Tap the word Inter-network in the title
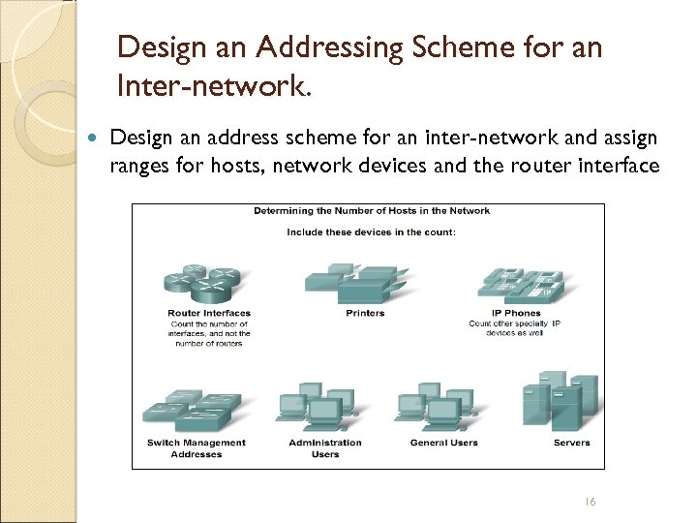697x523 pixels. pos(213,88)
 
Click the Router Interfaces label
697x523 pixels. pos(208,313)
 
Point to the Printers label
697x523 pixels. pos(365,313)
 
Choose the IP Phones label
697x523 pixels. pos(515,313)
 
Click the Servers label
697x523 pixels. pos(571,443)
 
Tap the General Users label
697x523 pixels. pos(443,443)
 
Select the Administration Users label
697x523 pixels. pos(325,447)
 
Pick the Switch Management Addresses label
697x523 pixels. pos(197,447)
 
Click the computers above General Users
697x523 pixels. pos(434,405)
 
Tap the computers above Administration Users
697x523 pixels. pos(315,405)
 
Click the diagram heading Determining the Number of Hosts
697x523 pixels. pos(372,211)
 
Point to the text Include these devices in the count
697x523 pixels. pos(372,232)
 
